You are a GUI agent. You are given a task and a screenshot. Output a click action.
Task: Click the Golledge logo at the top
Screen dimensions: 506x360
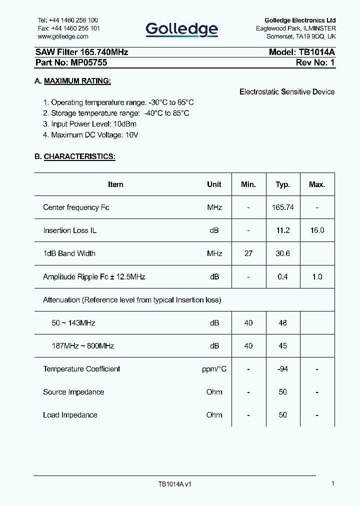[181, 29]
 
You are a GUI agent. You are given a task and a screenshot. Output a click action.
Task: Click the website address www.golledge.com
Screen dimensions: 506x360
[63, 36]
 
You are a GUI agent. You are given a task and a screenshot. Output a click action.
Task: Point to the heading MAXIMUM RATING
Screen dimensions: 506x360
[77, 81]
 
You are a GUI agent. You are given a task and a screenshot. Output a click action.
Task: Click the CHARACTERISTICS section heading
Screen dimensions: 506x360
[79, 156]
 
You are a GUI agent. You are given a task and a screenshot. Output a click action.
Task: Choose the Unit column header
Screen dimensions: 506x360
[214, 184]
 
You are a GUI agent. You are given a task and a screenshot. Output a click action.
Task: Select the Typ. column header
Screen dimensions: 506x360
[283, 184]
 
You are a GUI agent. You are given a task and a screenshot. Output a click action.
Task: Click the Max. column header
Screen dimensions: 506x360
[317, 184]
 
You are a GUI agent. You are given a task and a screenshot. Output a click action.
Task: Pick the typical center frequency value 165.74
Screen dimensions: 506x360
[283, 207]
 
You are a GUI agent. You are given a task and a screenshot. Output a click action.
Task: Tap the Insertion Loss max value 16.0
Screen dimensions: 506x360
[317, 230]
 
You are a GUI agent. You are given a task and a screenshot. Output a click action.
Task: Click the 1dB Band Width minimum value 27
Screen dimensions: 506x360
[248, 253]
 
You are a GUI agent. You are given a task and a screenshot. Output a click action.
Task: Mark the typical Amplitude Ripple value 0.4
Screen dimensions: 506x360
[283, 276]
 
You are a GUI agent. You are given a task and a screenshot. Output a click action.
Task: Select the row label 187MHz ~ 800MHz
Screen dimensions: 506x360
[83, 346]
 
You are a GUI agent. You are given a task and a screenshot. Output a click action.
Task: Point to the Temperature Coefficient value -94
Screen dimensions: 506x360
[283, 369]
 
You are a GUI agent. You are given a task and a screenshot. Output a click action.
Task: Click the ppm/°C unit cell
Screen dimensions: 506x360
[214, 369]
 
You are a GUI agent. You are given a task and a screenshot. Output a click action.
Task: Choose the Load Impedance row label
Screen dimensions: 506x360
[70, 415]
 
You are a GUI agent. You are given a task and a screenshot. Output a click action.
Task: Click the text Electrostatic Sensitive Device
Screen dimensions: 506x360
[287, 92]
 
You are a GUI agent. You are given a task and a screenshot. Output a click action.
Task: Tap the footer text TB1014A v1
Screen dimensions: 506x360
[175, 484]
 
